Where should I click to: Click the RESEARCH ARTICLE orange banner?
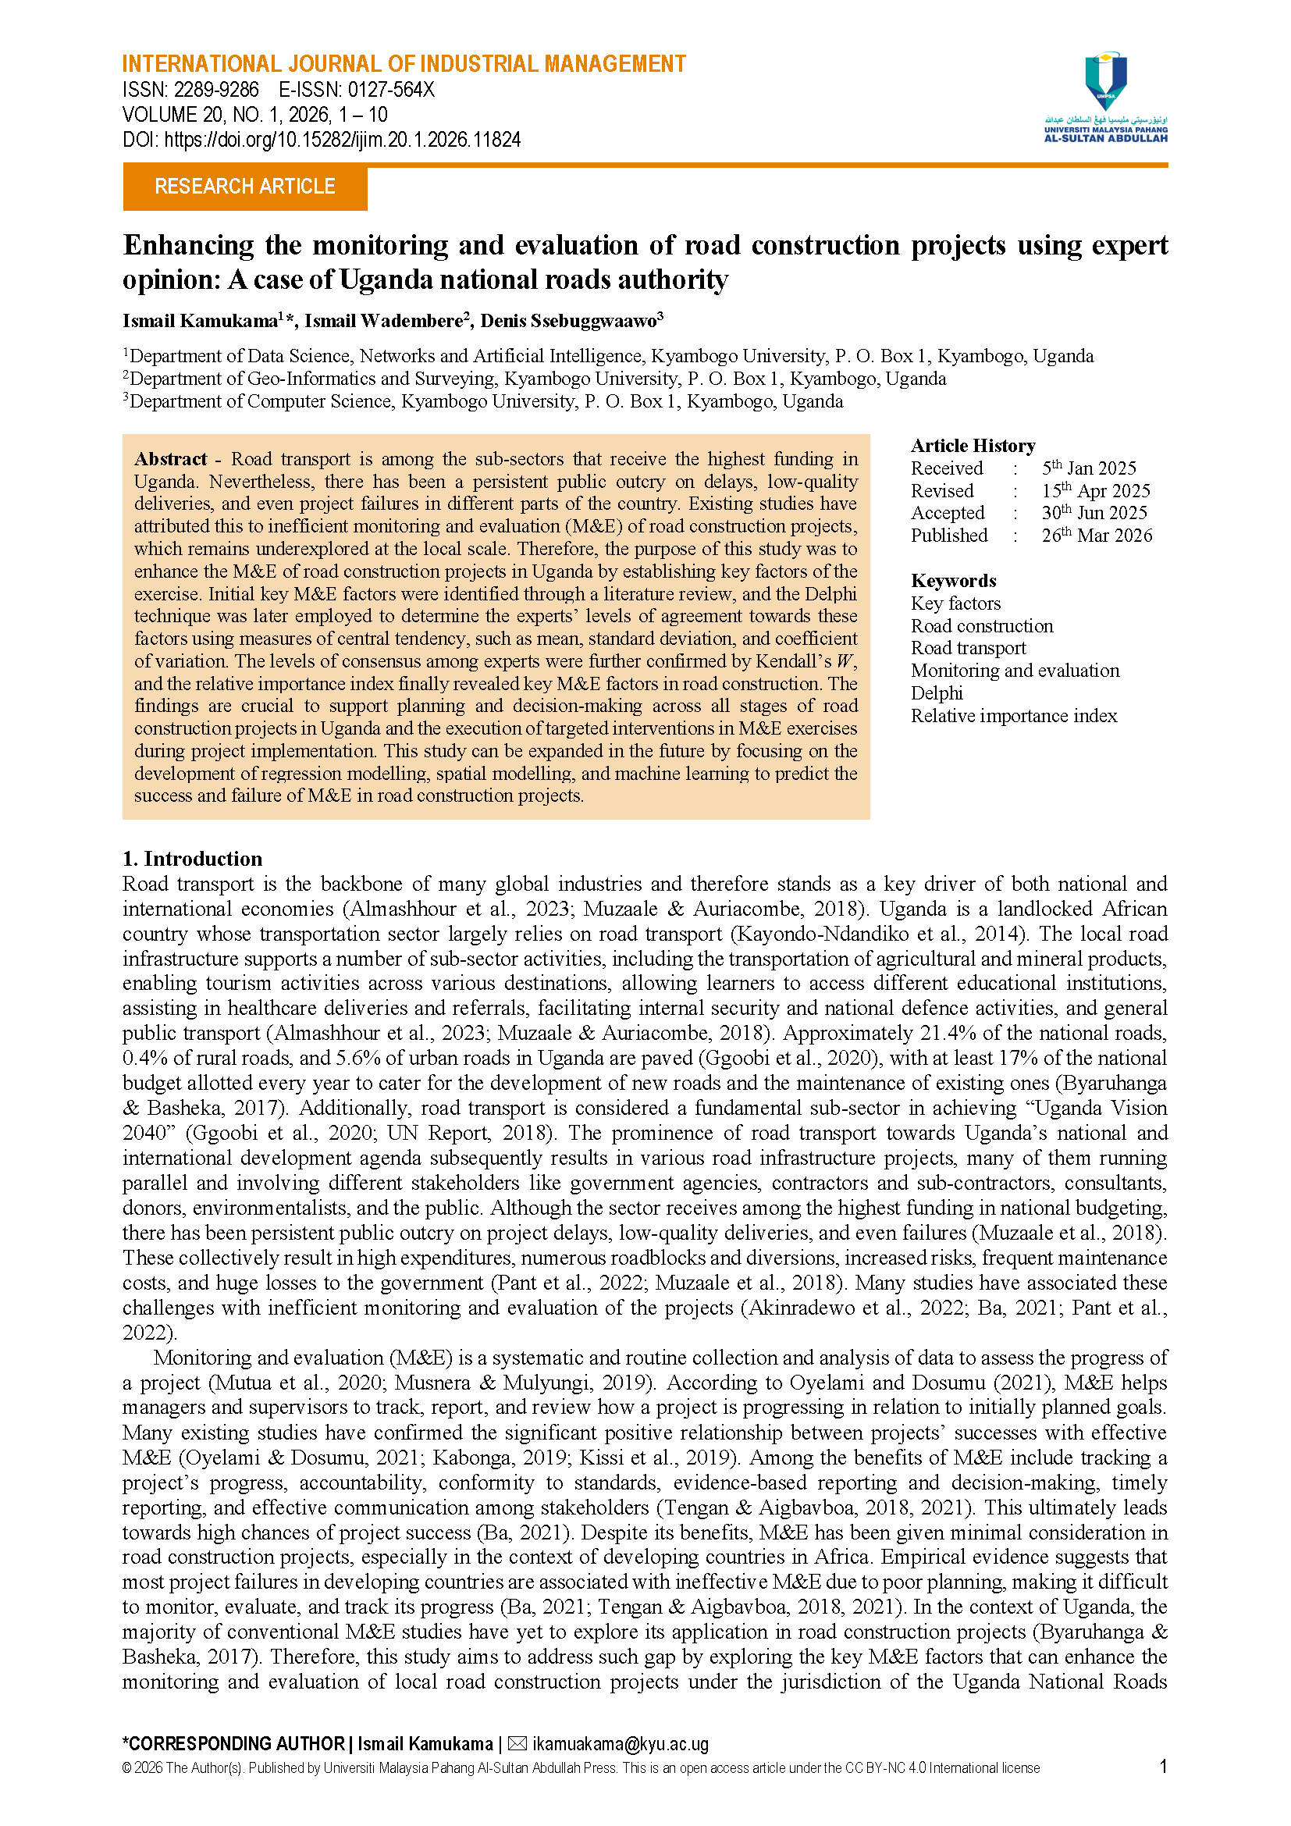(x=245, y=187)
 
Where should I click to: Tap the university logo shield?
(x=1106, y=81)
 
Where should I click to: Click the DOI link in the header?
(x=342, y=141)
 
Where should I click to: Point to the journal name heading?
(x=404, y=63)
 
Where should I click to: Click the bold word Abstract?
(x=170, y=460)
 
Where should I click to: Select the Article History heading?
(x=973, y=445)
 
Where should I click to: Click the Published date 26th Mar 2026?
(x=1097, y=536)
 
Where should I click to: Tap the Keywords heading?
(x=953, y=581)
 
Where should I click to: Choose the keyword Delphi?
(x=937, y=693)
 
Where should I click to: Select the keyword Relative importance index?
(x=1014, y=716)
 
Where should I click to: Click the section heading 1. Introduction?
(x=192, y=859)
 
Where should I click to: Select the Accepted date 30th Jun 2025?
(x=1094, y=513)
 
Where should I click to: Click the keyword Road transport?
(x=968, y=648)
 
